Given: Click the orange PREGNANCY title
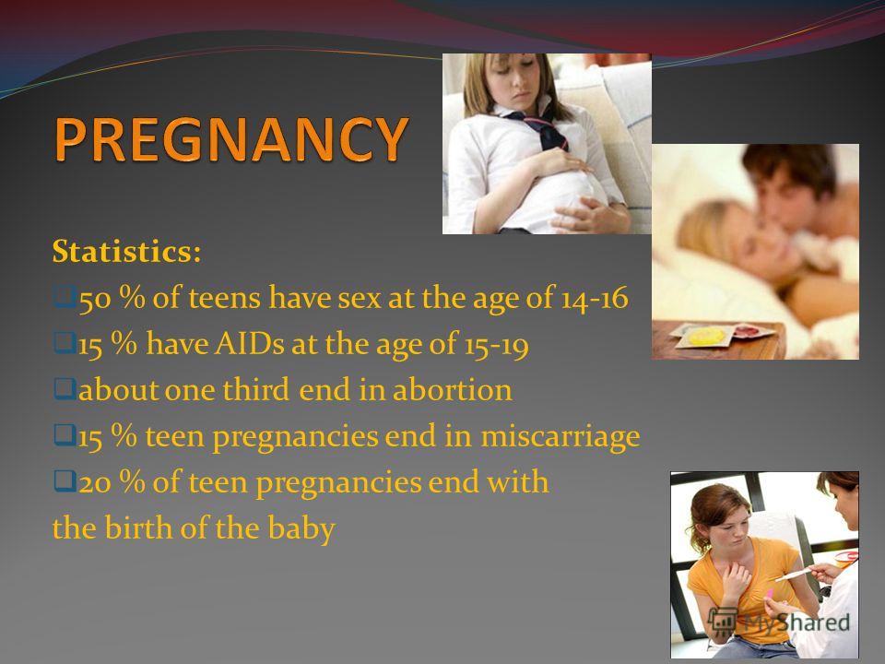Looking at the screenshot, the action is [232, 139].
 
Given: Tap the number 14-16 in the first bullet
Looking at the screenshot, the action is [594, 298].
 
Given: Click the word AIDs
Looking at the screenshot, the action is [249, 343].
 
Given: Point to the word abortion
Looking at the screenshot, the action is [452, 389].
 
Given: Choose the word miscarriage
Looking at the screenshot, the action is [560, 437].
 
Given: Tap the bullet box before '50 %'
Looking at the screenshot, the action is [65, 296].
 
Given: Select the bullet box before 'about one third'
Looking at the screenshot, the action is [65, 388].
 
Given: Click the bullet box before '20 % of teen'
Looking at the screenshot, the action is [65, 481].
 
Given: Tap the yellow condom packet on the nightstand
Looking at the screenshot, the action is [705, 337].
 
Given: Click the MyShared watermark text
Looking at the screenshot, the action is [796, 622].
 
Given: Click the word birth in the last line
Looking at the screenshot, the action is [138, 528].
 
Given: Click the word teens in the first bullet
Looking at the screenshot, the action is [224, 298].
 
